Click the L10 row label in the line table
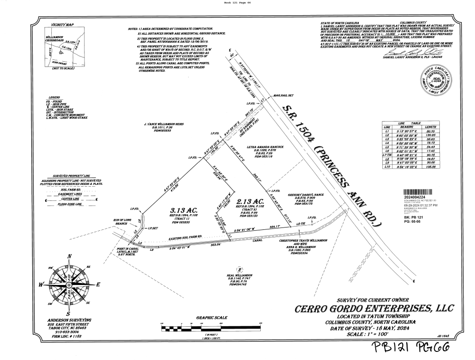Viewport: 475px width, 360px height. pyautogui.click(x=387, y=167)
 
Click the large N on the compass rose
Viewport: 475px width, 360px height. pyautogui.click(x=69, y=257)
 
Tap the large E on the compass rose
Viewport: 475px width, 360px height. pyautogui.click(x=98, y=285)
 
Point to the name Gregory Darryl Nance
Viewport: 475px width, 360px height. pyautogui.click(x=305, y=195)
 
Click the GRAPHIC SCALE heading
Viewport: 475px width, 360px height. pyautogui.click(x=211, y=318)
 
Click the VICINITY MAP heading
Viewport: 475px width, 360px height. pyautogui.click(x=63, y=24)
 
